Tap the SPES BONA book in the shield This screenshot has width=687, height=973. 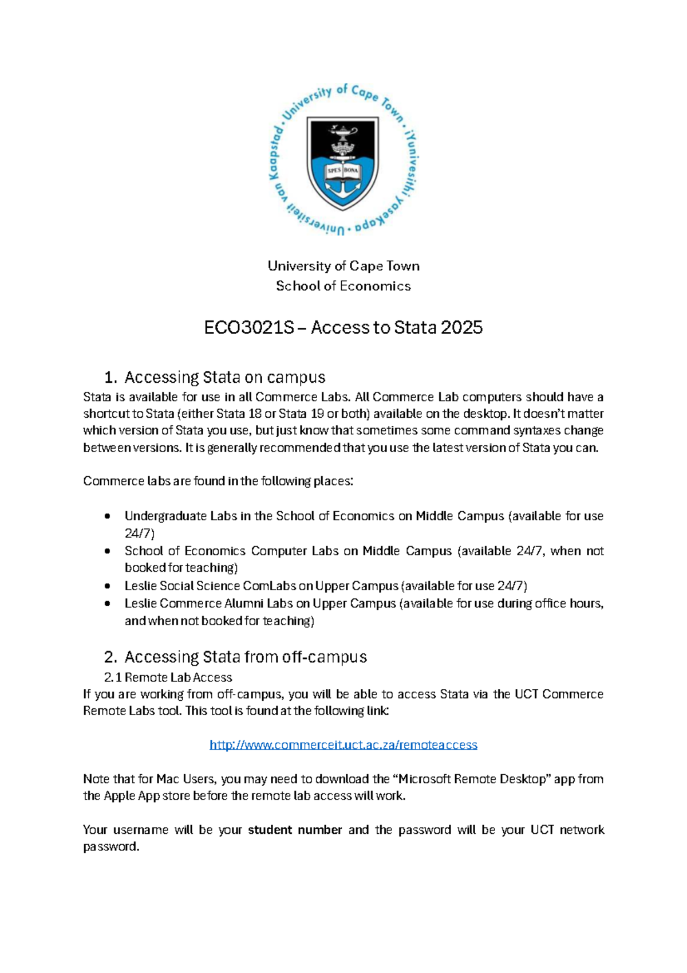click(x=343, y=171)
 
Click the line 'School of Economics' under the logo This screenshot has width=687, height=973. click(x=343, y=286)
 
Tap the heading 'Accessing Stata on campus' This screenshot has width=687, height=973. click(x=224, y=377)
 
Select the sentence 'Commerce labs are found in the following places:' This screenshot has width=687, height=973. click(x=218, y=481)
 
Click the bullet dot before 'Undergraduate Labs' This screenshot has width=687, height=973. click(x=107, y=516)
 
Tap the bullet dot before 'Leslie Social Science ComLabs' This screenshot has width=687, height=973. click(x=107, y=586)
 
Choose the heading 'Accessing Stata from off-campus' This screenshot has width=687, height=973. click(x=245, y=657)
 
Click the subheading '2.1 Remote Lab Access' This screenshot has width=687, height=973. click(x=168, y=677)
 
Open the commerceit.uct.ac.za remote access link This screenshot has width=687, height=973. click(x=343, y=745)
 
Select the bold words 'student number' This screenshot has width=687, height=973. click(x=295, y=830)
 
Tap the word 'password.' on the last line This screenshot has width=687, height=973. click(x=111, y=847)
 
